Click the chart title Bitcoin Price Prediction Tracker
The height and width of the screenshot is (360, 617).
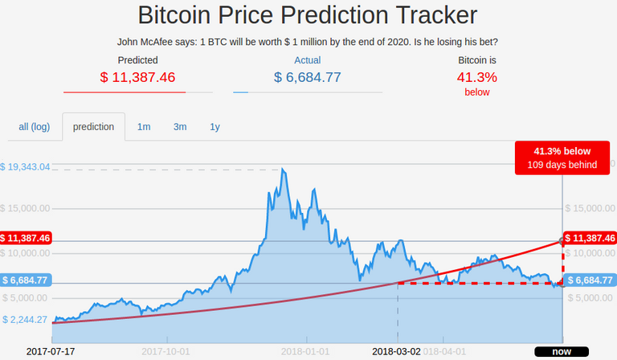point(308,15)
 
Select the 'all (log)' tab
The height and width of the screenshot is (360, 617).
point(35,127)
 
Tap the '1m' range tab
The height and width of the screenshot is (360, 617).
point(144,127)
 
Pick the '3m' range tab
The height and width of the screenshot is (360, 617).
point(180,127)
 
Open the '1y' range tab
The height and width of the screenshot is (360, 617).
point(215,127)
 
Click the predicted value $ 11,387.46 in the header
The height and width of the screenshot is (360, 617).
point(137,78)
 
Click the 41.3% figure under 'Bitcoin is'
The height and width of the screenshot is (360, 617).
point(477,78)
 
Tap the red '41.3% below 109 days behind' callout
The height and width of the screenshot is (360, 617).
point(562,157)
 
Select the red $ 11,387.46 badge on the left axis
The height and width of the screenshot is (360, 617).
point(27,239)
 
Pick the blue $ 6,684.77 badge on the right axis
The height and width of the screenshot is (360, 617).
point(590,280)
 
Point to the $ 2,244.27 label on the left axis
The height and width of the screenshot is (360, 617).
point(27,319)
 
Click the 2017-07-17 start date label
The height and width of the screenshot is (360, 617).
point(50,352)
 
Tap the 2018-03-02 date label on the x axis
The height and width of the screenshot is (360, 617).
point(397,352)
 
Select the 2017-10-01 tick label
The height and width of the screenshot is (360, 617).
point(165,352)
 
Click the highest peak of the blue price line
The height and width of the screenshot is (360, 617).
point(283,170)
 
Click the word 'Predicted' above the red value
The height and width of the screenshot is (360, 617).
point(137,59)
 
